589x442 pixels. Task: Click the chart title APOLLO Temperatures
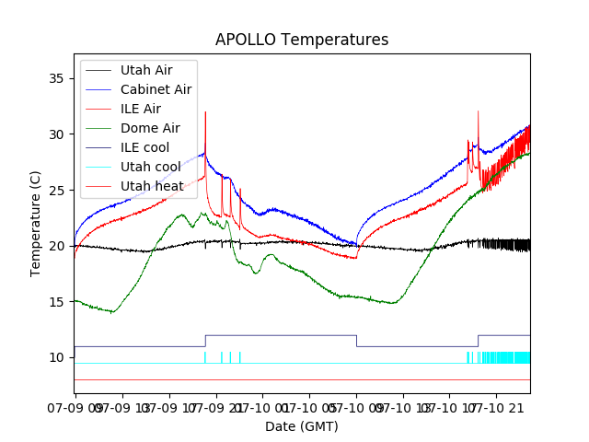[x=302, y=41]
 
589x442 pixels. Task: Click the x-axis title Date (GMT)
[x=302, y=426]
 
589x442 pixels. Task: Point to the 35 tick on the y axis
[x=55, y=78]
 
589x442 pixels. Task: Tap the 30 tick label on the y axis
[x=55, y=134]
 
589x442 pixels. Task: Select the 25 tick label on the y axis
[x=55, y=190]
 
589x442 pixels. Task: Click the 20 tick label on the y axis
[x=55, y=246]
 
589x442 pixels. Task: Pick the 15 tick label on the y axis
[x=55, y=302]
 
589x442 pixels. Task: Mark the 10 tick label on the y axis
[x=55, y=357]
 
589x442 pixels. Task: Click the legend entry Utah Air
[x=145, y=70]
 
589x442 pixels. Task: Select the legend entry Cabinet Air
[x=156, y=89]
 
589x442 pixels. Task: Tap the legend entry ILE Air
[x=140, y=109]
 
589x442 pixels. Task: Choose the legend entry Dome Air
[x=150, y=128]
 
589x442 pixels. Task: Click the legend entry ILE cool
[x=144, y=147]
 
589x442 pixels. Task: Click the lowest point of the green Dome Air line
[x=112, y=312]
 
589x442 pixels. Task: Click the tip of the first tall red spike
[x=205, y=112]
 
